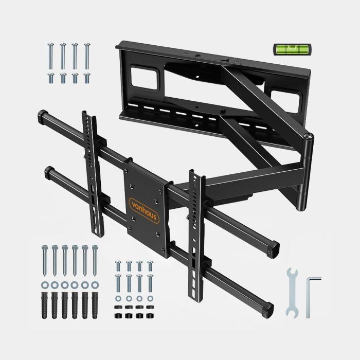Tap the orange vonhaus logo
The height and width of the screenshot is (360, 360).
click(x=144, y=210)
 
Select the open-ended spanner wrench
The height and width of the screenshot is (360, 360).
click(x=292, y=293)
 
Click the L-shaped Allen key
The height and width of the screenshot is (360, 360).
click(x=309, y=296)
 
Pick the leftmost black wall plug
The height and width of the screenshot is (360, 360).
click(x=44, y=305)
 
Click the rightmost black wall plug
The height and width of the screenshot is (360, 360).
click(x=95, y=305)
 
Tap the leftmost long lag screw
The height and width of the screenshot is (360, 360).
click(x=45, y=260)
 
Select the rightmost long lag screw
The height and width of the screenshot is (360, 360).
click(x=95, y=260)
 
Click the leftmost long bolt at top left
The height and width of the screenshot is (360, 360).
click(x=51, y=56)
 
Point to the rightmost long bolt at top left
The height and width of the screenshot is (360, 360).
click(x=87, y=56)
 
